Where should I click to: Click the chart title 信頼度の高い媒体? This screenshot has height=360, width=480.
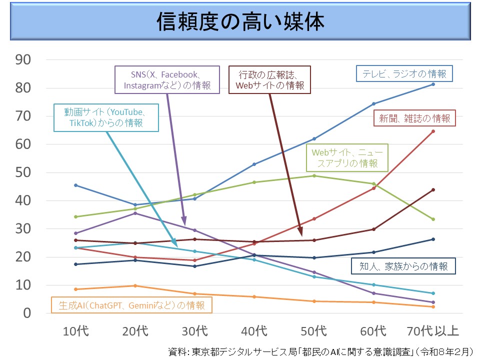240,21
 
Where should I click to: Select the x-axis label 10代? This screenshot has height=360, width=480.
75,331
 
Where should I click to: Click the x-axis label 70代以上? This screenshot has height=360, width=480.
433,331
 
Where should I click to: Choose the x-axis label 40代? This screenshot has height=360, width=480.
254,331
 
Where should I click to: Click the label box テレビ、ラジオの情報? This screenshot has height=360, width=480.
404,73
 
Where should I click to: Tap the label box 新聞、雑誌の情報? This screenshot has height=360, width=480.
414,118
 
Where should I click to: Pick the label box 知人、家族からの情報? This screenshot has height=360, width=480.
404,266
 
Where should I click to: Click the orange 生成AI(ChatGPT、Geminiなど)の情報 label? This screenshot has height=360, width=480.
132,305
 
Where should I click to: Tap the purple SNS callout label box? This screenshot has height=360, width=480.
167,80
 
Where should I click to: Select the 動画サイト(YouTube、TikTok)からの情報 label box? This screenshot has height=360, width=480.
106,117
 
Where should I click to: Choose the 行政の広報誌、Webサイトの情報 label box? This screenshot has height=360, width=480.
270,80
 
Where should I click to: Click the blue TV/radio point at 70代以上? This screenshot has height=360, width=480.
433,84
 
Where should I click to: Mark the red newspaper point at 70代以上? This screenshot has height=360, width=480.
433,131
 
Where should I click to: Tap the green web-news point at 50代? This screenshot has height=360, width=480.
314,175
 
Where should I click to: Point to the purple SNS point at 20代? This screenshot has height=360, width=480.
135,213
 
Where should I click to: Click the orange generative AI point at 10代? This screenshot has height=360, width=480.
75,289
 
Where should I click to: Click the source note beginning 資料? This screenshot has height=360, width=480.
320,351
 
